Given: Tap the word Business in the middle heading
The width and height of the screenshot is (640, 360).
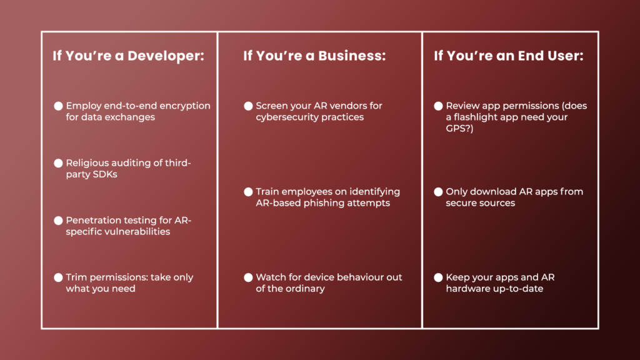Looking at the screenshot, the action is coord(352,56).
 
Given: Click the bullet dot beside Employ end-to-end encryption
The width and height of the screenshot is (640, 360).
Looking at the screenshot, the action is coord(58,106).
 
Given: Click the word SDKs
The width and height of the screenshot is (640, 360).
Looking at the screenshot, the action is coord(105,174).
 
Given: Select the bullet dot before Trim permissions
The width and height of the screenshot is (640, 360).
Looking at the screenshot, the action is coord(58,277).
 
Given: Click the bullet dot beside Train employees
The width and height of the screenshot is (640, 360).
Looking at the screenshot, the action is coord(248,192).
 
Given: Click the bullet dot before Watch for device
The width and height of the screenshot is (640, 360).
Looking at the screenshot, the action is coord(248,277).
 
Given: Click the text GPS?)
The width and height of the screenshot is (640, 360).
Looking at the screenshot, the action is coord(459,129).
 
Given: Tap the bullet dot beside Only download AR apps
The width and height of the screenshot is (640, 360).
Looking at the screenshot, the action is coord(438,192).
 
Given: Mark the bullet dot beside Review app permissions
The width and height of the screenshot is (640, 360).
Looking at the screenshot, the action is coord(438,106).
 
